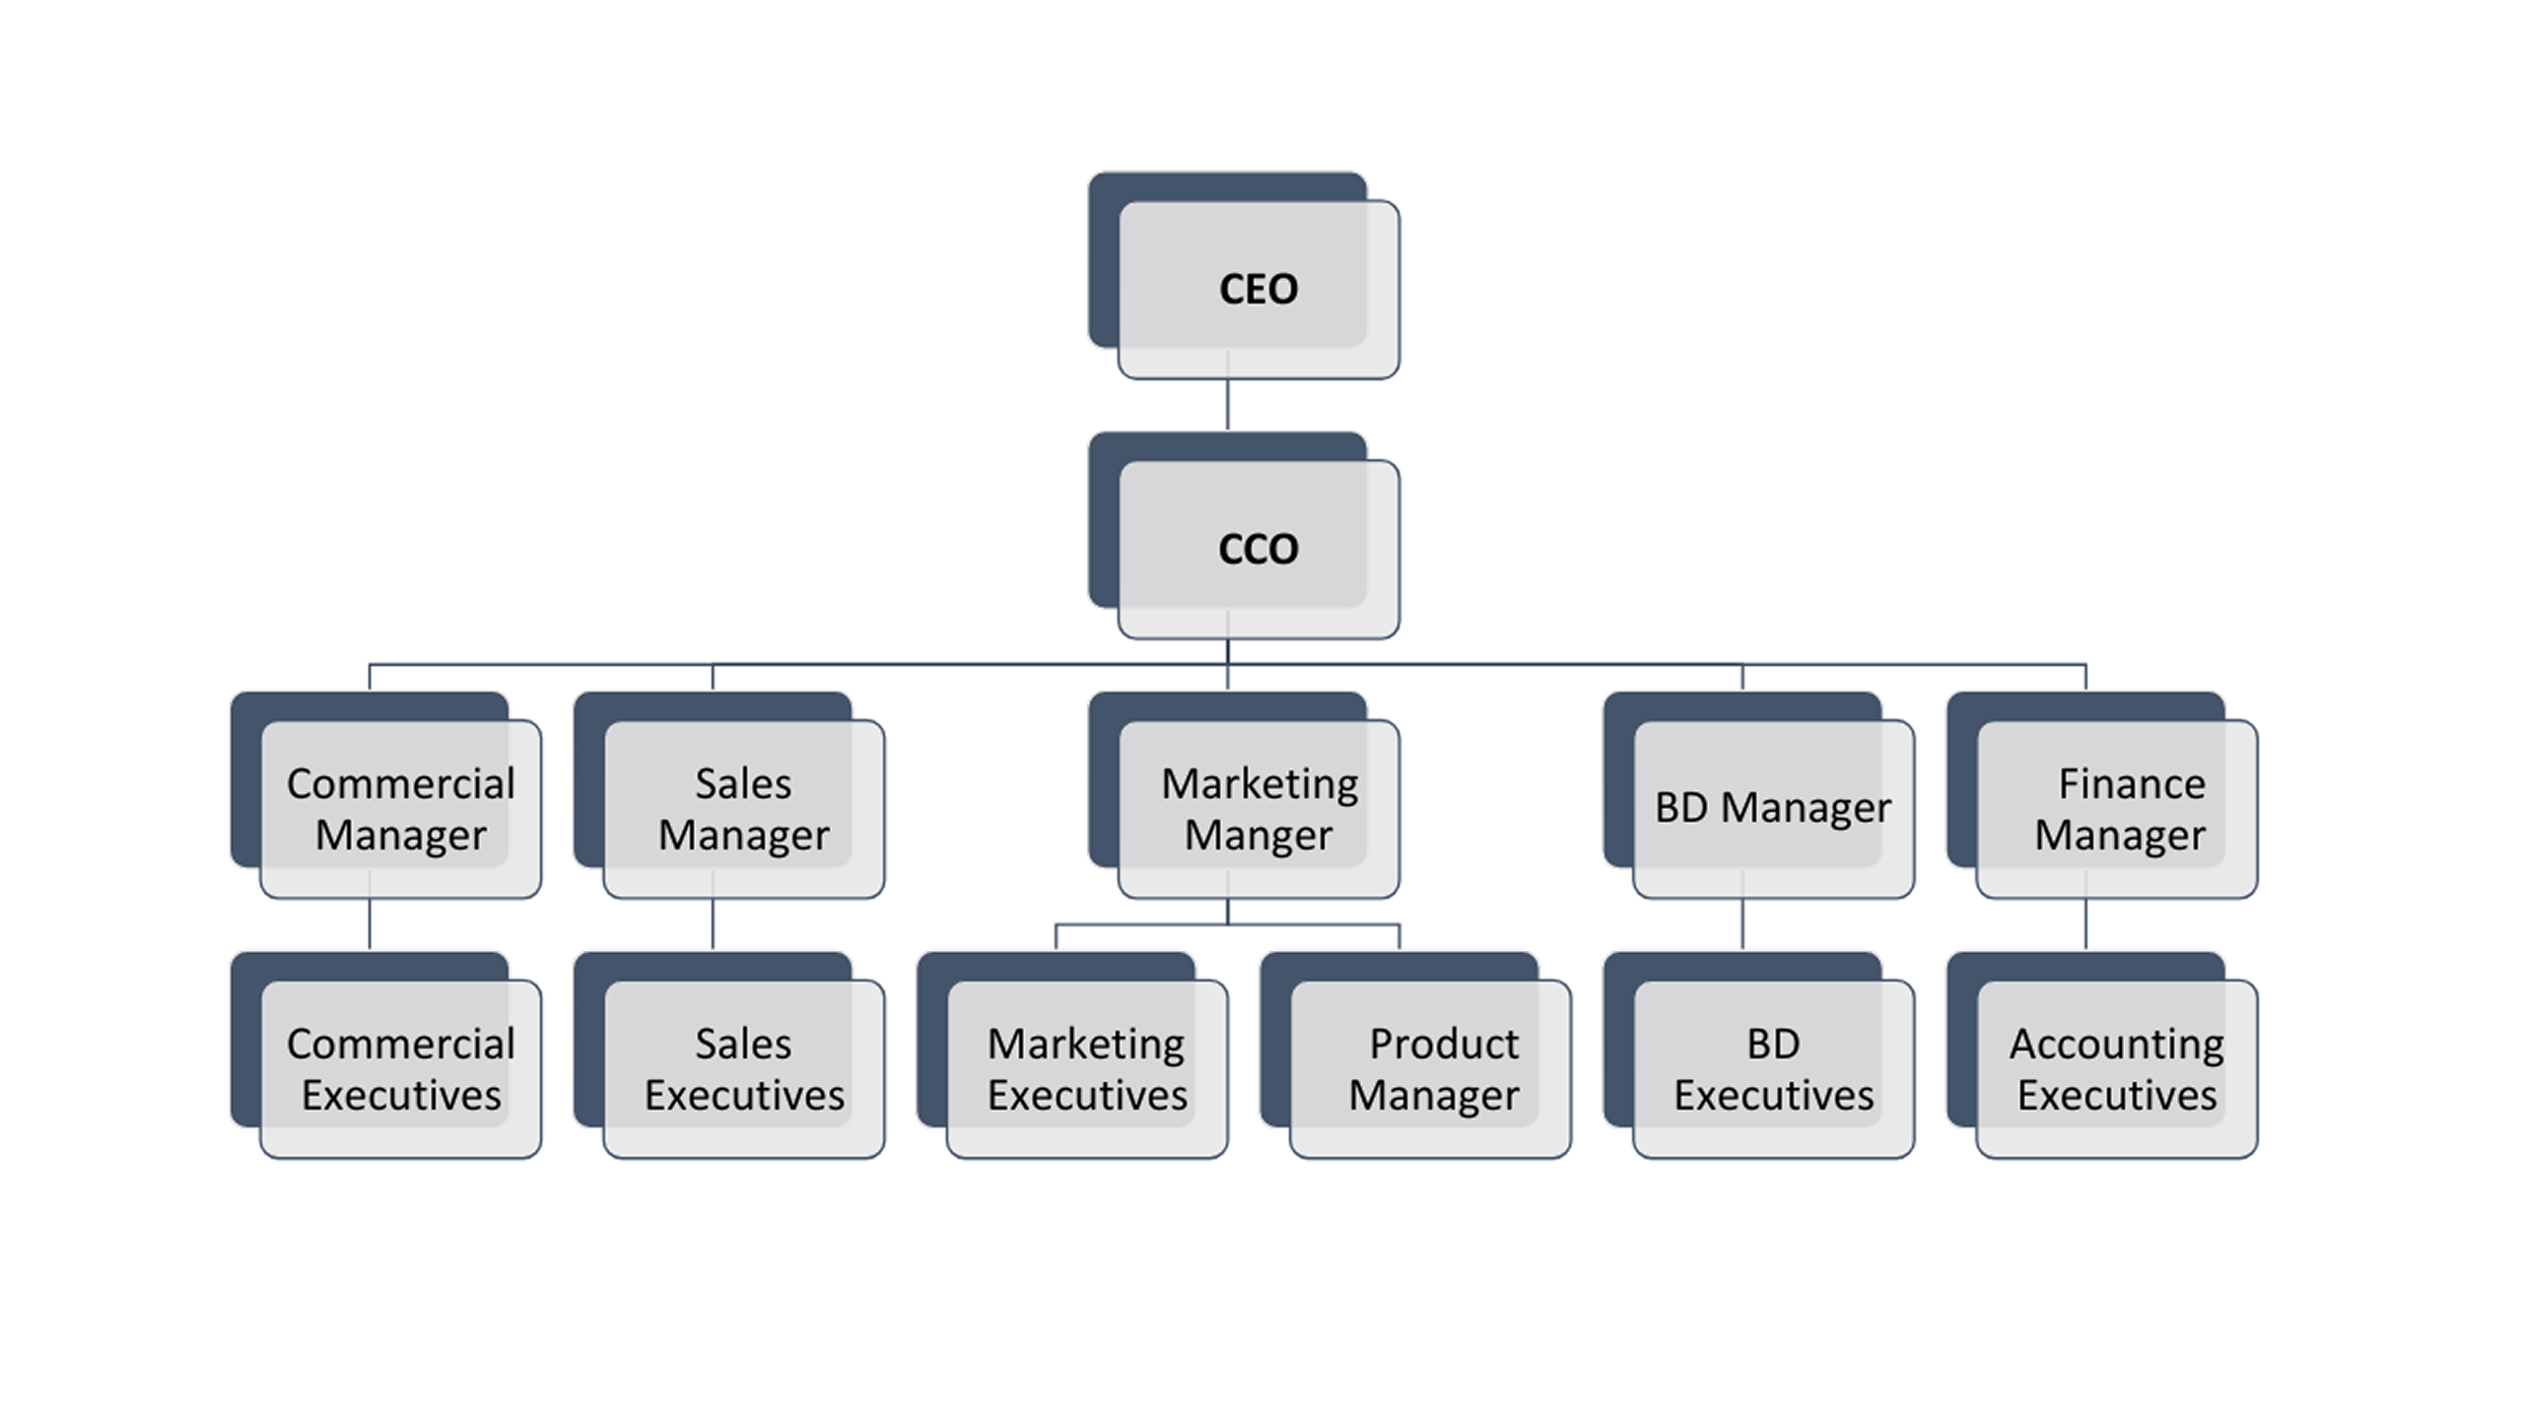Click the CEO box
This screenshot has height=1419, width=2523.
(x=1258, y=290)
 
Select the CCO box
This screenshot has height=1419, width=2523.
(x=1258, y=549)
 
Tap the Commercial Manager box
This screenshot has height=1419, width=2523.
(x=400, y=809)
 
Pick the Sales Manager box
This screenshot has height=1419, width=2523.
(x=743, y=809)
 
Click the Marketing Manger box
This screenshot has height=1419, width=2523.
(x=1259, y=809)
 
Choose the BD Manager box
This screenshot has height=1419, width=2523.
(x=1773, y=809)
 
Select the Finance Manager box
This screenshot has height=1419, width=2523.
(x=2117, y=809)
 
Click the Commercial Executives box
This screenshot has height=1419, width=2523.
(x=400, y=1069)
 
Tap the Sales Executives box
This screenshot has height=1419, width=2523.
(x=743, y=1069)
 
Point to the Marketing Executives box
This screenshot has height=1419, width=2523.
(x=1087, y=1069)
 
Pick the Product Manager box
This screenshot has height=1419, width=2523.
(x=1430, y=1069)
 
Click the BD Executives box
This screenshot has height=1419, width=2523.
(x=1773, y=1069)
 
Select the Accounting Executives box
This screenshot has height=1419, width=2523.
(x=2117, y=1069)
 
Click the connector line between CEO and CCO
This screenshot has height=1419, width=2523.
(x=1227, y=405)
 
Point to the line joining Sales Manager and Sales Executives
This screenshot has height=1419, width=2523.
(x=713, y=924)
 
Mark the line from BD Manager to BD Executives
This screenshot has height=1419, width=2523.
(x=1742, y=924)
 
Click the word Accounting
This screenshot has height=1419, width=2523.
(x=2117, y=1045)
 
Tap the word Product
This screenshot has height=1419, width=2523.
(x=1444, y=1045)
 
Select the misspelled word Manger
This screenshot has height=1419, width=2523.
(x=1259, y=836)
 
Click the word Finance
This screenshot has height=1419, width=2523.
(x=2132, y=784)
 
